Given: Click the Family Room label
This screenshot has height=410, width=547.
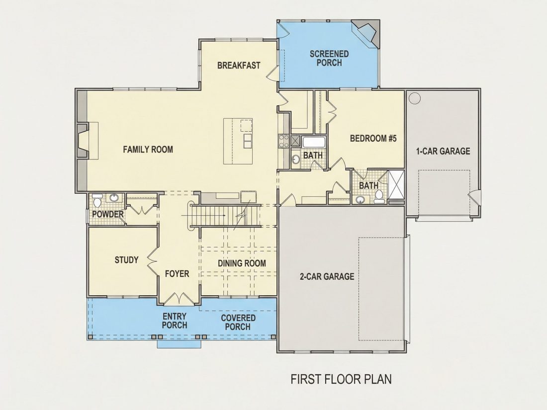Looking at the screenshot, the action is pos(148,150).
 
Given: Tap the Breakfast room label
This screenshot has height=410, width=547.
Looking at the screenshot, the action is pos(239,66).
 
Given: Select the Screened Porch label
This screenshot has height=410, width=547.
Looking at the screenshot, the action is pos(329,58).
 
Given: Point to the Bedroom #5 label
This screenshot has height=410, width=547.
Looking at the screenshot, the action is pos(373,139).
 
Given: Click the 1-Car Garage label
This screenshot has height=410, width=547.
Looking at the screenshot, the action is pos(443,151).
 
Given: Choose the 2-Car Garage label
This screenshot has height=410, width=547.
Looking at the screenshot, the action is pos(327,276).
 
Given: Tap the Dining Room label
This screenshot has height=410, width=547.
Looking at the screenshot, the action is pos(242,263).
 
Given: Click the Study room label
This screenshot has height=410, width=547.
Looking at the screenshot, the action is pos(126,260).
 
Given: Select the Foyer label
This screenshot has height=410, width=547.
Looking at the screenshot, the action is pos(177,274).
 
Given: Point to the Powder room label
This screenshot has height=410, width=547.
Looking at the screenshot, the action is pos(108,214).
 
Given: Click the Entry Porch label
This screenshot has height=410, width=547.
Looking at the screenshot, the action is pos(175,321).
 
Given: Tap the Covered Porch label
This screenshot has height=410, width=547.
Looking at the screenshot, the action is pos(238,323).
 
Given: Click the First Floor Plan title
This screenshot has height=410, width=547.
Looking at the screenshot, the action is pos(341,379).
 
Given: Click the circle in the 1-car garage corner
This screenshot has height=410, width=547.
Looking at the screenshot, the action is pos(415,98).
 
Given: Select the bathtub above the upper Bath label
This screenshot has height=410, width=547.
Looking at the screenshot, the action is pos(314,143).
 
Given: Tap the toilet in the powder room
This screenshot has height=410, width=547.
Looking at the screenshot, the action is pos(97,201).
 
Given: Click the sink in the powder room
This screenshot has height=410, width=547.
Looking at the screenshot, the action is pos(114,198).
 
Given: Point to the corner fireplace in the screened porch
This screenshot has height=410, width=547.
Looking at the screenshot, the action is pos(366,33).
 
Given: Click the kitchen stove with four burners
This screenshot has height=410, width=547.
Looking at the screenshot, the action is pos(283,141).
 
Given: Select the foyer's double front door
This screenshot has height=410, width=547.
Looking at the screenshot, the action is pos(179,299).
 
